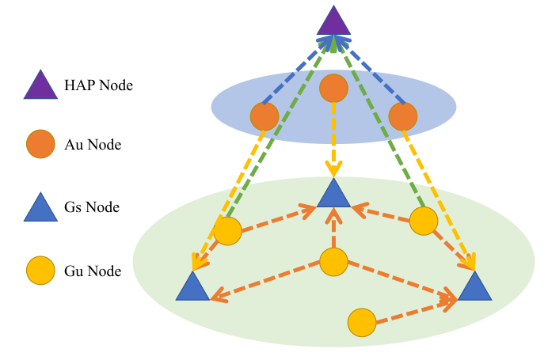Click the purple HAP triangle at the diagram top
pyautogui.click(x=333, y=23)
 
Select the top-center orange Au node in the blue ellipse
pyautogui.click(x=333, y=88)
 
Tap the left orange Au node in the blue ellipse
pyautogui.click(x=264, y=116)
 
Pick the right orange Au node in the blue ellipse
pyautogui.click(x=403, y=116)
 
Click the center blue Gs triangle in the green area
pyautogui.click(x=333, y=196)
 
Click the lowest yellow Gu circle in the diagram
pyautogui.click(x=362, y=323)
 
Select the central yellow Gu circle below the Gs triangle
pyautogui.click(x=333, y=262)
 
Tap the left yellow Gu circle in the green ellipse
pyautogui.click(x=227, y=231)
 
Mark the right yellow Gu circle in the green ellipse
pyautogui.click(x=424, y=221)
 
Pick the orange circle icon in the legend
pyautogui.click(x=40, y=144)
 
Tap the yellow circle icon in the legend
pyautogui.click(x=40, y=271)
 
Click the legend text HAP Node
pyautogui.click(x=98, y=85)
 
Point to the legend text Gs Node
pyautogui.click(x=92, y=207)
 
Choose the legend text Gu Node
pyautogui.click(x=93, y=271)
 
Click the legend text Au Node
pyautogui.click(x=93, y=144)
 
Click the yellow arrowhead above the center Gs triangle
pyautogui.click(x=333, y=169)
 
